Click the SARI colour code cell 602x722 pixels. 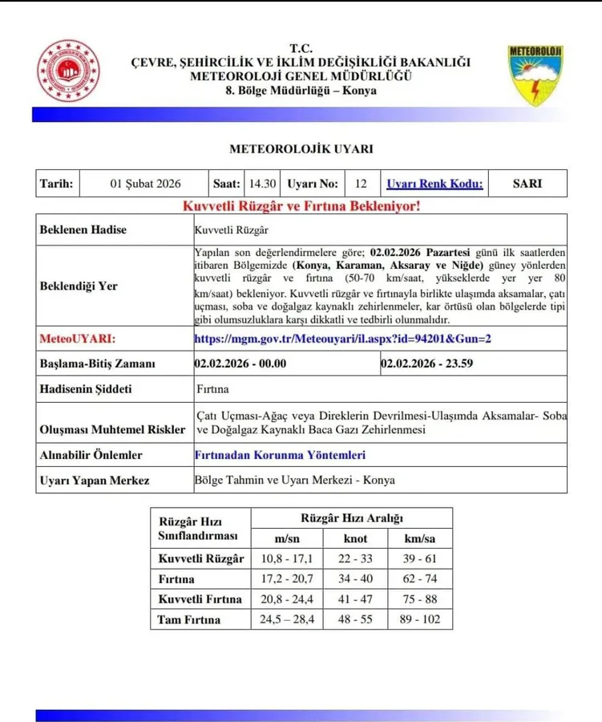tap(527, 183)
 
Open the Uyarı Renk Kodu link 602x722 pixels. tap(434, 183)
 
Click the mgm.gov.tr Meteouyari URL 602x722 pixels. tap(342, 339)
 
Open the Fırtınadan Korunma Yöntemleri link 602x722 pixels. tap(280, 455)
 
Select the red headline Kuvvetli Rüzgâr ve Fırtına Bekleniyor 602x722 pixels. tap(301, 206)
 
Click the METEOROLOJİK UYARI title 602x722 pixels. tap(301, 148)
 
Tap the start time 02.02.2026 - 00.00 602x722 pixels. tap(240, 363)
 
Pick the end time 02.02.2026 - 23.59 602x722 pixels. tap(427, 363)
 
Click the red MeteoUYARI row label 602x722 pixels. tap(79, 339)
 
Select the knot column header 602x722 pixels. tap(355, 537)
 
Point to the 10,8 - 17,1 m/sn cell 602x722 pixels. tap(285, 558)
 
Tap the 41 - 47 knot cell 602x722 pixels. tap(355, 599)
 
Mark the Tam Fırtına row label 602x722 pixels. tap(188, 619)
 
